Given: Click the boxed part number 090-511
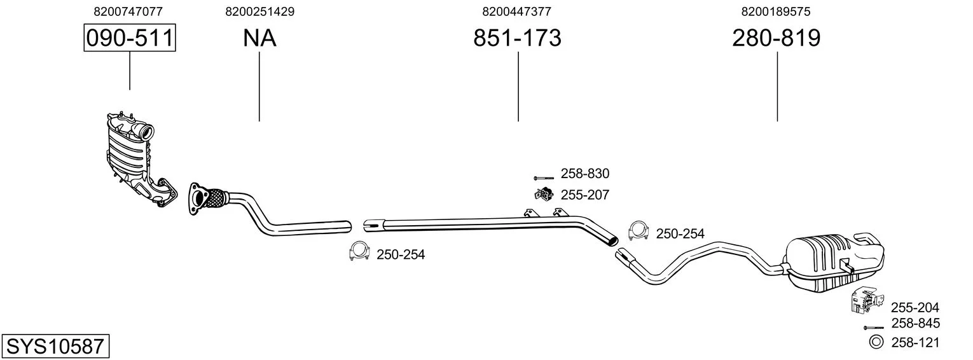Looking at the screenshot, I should pos(130,38).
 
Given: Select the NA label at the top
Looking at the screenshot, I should pos(259,38).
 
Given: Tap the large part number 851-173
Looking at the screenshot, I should pos(518,38).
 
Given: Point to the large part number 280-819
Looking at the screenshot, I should pos(776,38).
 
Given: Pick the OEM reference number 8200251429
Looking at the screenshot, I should pos(259,11).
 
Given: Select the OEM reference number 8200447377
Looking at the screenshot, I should pos(516,11).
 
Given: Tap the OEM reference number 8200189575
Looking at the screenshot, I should pos(775,11).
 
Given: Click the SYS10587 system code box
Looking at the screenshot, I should pos(55,347).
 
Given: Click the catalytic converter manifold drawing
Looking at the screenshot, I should pos(134,159).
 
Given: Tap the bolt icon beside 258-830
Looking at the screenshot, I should pos(544,177).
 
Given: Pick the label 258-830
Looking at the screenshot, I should pos(584,174).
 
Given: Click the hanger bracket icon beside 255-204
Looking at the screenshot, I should pos(862,301).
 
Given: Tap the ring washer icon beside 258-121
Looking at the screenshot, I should pos(876,342).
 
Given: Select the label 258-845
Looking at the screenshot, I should pos(915,323).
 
